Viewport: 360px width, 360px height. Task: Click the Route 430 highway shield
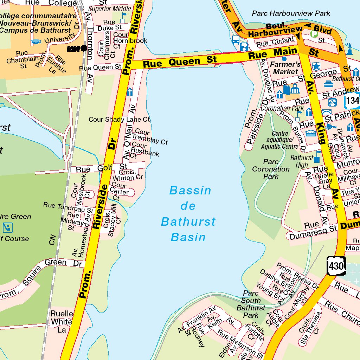[x=336, y=266]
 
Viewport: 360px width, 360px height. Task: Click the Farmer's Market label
[x=285, y=68]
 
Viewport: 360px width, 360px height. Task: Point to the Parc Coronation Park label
[x=271, y=169]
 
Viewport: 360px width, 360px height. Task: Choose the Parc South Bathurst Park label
[x=251, y=304]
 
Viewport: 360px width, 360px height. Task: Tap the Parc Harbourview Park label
[x=291, y=13]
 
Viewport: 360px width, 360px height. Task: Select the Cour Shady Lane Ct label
[x=119, y=120]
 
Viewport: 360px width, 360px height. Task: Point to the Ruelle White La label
[x=62, y=321]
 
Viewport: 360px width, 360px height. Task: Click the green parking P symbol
[x=314, y=34]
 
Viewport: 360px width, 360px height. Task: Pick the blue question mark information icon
[x=244, y=47]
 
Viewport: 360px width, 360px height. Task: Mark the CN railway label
[x=52, y=240]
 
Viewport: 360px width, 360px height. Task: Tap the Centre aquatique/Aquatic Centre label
[x=280, y=140]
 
